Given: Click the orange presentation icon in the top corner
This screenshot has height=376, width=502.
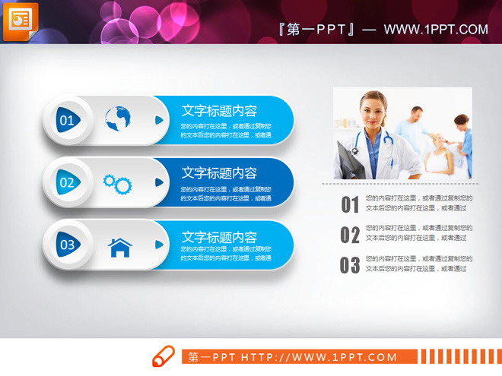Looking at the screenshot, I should (20, 20).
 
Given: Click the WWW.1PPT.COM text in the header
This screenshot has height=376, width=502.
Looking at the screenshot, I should (436, 30).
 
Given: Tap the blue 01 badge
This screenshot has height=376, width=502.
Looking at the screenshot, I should (67, 120).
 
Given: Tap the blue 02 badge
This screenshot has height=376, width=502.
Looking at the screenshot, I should (67, 182).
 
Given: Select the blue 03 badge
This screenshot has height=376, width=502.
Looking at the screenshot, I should (67, 245).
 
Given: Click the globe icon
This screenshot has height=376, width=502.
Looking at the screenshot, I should (118, 119).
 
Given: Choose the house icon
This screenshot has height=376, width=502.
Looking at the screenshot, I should (119, 246).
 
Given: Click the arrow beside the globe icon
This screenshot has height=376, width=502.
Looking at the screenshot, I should (159, 119).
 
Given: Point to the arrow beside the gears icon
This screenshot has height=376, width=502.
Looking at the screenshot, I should (159, 182).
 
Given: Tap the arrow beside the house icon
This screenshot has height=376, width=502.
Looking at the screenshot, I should (159, 245).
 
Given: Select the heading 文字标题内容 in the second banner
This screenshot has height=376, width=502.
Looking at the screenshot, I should (219, 173).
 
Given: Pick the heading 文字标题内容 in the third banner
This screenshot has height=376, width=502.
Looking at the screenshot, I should (219, 237).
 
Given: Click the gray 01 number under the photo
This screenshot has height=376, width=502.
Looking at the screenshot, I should (350, 204).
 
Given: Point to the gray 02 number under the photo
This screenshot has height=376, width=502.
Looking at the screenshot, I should (350, 235).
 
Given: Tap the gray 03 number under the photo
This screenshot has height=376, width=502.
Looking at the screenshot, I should (350, 265).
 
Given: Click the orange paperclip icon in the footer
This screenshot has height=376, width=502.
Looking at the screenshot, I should (163, 356).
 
